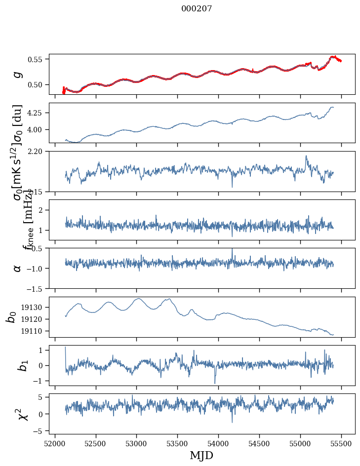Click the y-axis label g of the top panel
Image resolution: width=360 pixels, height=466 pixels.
(18, 74)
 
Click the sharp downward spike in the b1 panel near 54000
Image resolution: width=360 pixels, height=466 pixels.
(215, 383)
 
